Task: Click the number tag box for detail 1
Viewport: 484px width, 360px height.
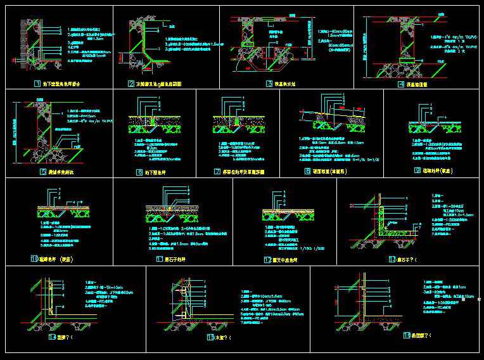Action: point(37,84)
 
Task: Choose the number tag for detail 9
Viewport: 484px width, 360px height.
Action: point(417,170)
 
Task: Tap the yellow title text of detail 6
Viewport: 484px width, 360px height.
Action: point(156,171)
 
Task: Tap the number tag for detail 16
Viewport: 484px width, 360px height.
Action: point(406,335)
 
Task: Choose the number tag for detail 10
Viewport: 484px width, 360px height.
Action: point(34,259)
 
